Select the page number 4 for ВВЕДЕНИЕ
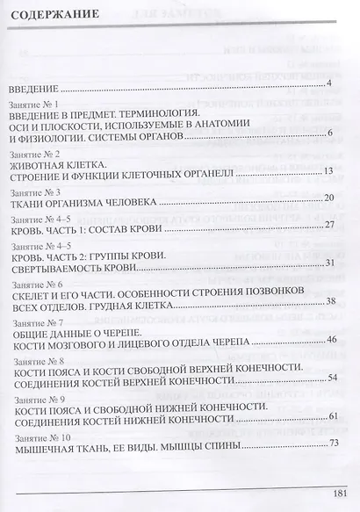pyautogui.click(x=328, y=83)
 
